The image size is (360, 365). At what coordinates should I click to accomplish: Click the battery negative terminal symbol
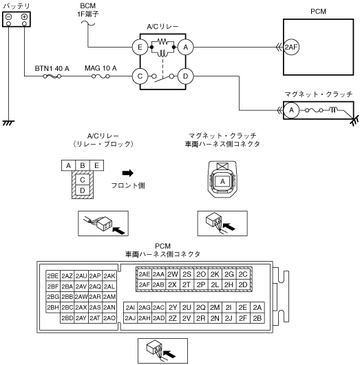point(9,17)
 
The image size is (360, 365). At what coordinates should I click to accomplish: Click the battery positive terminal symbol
point(24,17)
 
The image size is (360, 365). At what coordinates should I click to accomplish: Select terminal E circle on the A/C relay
point(140,48)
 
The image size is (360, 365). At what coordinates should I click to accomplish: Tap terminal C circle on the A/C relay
point(140,76)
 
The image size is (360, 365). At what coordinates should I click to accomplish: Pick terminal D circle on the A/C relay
point(185,76)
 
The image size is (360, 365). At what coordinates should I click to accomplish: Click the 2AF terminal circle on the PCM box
point(291,48)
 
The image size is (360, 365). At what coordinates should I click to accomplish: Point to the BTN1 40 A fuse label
point(52,68)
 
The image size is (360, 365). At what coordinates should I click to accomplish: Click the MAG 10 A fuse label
point(100,68)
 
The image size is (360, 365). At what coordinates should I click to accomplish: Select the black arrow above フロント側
point(128,173)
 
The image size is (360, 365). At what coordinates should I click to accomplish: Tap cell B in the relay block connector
point(83,165)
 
